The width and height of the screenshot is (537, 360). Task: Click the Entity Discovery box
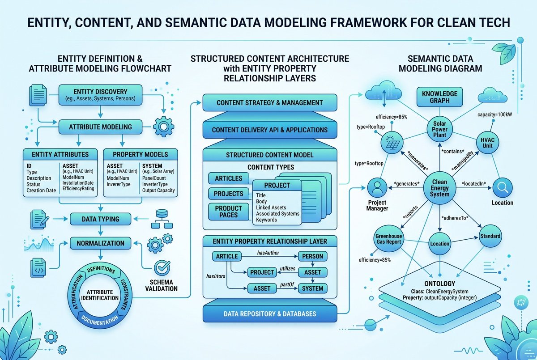(x=100, y=95)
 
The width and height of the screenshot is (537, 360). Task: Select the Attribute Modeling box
(x=100, y=127)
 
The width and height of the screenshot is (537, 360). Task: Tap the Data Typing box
(x=100, y=219)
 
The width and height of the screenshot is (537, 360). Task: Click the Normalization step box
(x=100, y=243)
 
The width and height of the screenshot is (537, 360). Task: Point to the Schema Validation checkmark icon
(x=162, y=268)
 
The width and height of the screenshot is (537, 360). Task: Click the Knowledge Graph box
(x=439, y=97)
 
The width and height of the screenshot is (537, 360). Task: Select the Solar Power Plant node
(x=439, y=129)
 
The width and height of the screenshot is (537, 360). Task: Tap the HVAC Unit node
(x=487, y=143)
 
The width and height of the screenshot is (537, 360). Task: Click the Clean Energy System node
(x=439, y=188)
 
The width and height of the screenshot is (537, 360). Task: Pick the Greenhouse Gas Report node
(x=388, y=239)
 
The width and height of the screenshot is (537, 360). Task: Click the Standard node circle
(x=490, y=236)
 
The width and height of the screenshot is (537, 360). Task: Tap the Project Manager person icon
(x=377, y=187)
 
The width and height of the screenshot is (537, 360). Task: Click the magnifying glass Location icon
(x=503, y=187)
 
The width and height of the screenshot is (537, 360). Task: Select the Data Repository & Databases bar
(x=270, y=314)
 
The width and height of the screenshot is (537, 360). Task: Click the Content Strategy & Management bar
(x=270, y=102)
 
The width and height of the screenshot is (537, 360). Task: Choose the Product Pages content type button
(x=229, y=212)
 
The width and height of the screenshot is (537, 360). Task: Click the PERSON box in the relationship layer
(x=313, y=256)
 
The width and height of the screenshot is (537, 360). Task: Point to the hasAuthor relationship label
(x=268, y=253)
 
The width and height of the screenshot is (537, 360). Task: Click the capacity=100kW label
(x=494, y=114)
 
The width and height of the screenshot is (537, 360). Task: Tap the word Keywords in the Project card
(x=266, y=220)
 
